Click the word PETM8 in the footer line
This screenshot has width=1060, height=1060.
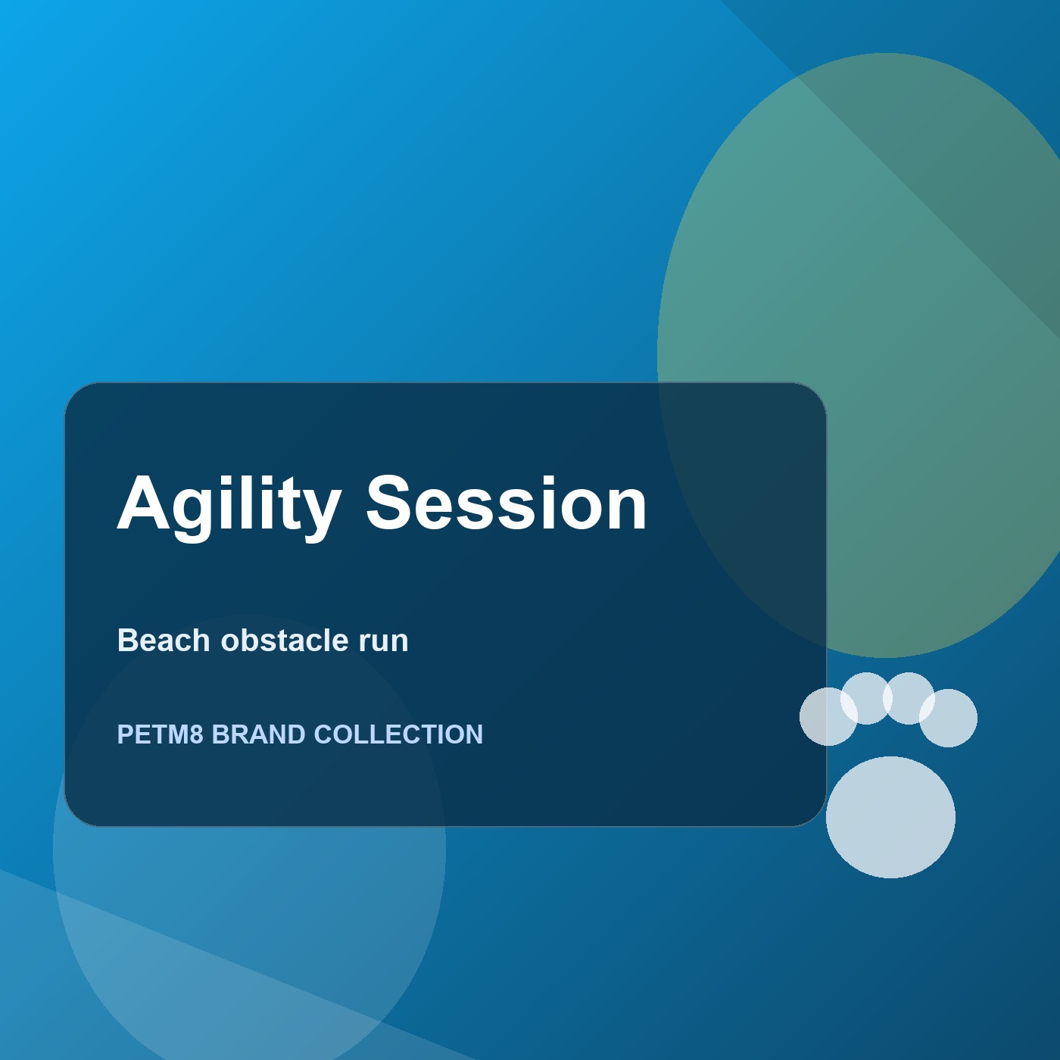pos(160,734)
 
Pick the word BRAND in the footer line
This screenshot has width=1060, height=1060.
pos(258,734)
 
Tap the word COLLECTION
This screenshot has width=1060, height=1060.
pos(398,734)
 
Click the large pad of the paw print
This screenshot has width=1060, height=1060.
pos(890,817)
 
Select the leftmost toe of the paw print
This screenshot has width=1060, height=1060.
pos(828,716)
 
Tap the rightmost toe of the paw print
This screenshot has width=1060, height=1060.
pos(948,718)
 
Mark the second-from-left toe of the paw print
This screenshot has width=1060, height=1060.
pos(866,698)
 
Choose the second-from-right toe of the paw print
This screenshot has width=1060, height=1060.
pos(909,698)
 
